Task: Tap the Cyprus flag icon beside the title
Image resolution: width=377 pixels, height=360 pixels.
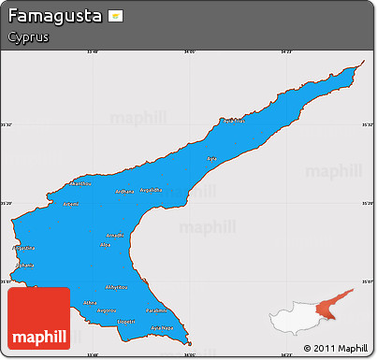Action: (x=115, y=17)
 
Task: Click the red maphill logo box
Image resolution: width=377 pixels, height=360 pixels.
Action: (x=38, y=318)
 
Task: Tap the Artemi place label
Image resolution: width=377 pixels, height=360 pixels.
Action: (x=69, y=204)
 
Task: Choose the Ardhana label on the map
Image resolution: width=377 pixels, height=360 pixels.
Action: (x=124, y=192)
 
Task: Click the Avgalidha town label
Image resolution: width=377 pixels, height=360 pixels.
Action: (x=151, y=190)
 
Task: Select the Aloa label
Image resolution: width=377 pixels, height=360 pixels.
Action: (x=105, y=244)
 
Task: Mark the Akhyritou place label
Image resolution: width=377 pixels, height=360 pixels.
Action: (x=116, y=286)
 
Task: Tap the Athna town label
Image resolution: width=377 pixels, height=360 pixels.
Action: (x=90, y=302)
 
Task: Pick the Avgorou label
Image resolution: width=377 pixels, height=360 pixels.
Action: (x=107, y=310)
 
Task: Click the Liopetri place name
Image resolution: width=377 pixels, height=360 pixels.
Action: (x=126, y=321)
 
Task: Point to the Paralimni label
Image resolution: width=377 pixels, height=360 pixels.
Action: (x=156, y=310)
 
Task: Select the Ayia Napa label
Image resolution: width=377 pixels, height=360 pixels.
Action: (x=162, y=328)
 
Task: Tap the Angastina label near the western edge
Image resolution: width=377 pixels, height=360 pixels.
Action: (x=25, y=248)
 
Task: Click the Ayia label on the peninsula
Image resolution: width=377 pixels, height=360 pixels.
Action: (x=210, y=158)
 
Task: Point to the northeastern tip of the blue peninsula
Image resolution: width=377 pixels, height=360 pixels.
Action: (x=361, y=65)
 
